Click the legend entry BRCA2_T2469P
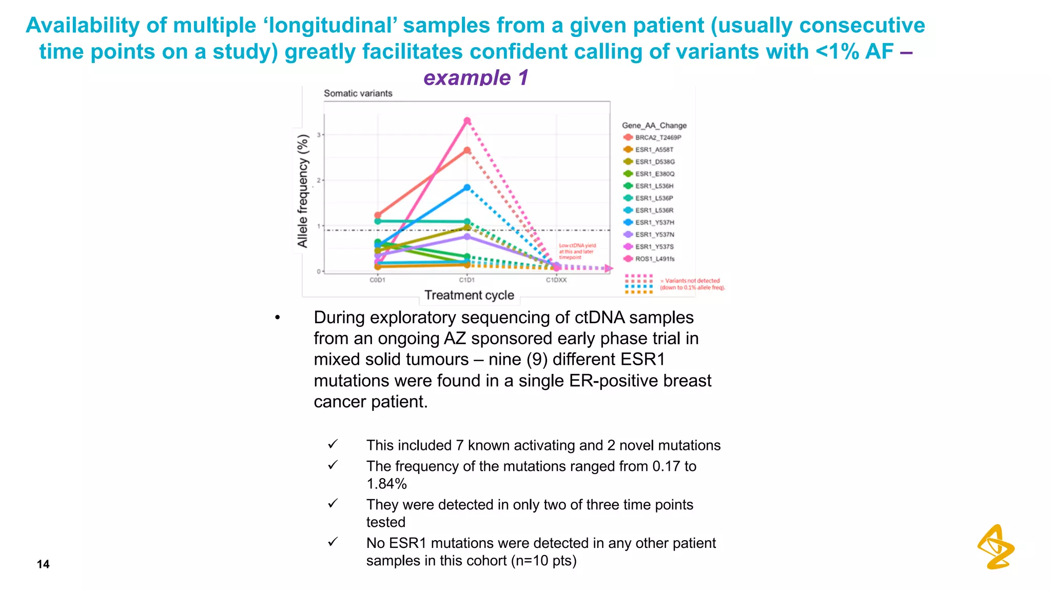(x=657, y=137)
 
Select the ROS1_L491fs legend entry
(x=654, y=259)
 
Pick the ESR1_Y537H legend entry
(x=654, y=223)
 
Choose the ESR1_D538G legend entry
(x=654, y=162)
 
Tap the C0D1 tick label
(x=377, y=280)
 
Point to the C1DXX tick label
(x=556, y=280)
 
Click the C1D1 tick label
(x=466, y=280)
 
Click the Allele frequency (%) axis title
(x=303, y=191)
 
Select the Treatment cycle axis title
(x=469, y=295)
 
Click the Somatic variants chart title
(x=358, y=93)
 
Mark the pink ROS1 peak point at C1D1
(x=467, y=121)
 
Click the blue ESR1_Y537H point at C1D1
(x=467, y=188)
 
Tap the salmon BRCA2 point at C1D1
(x=467, y=151)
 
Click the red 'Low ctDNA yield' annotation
(x=577, y=251)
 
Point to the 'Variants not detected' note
(x=692, y=284)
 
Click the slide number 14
(x=43, y=564)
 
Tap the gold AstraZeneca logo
(x=996, y=547)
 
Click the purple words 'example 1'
(x=476, y=78)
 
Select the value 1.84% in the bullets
(x=386, y=484)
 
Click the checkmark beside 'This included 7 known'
(x=333, y=444)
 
